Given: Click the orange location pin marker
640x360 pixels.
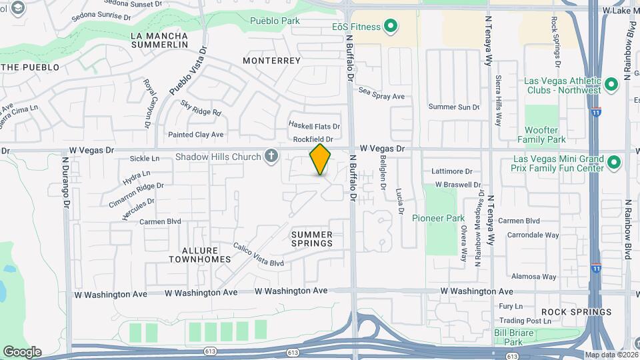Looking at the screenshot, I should (320, 159).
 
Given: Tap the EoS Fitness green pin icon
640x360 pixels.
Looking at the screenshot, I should (391, 27).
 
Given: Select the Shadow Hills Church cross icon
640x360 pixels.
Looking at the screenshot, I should (271, 157).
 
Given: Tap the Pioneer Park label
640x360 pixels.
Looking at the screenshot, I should (438, 218).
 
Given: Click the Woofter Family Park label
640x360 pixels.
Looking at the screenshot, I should (541, 134).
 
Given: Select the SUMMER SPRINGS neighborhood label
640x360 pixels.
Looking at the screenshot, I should (312, 239).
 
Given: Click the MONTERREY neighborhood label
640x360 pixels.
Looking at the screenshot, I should (272, 61).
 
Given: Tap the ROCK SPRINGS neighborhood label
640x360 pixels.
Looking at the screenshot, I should (576, 312).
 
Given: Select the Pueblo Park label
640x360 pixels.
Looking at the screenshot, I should (275, 21).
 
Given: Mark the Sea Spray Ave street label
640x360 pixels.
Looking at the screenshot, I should (381, 94).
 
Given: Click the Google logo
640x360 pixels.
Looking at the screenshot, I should (22, 351).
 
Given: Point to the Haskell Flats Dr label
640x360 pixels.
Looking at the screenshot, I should (314, 126).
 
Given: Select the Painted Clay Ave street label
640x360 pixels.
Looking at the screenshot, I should (195, 135).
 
